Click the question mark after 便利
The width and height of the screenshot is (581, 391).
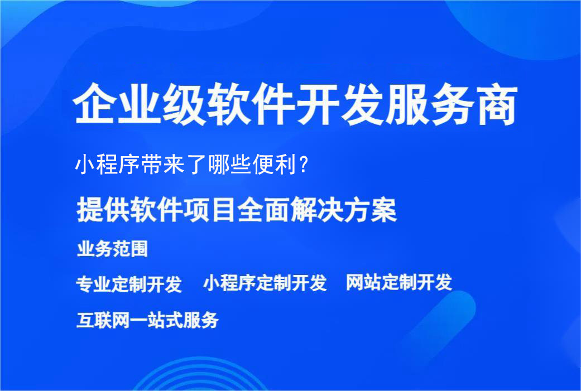coord(303,165)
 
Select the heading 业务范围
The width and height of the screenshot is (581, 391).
coord(112,249)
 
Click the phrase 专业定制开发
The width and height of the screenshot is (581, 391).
coord(129,284)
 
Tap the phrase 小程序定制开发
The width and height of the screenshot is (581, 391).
coord(265,283)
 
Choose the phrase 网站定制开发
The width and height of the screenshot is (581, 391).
coord(398,283)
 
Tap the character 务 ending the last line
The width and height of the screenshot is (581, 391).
coord(210,320)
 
